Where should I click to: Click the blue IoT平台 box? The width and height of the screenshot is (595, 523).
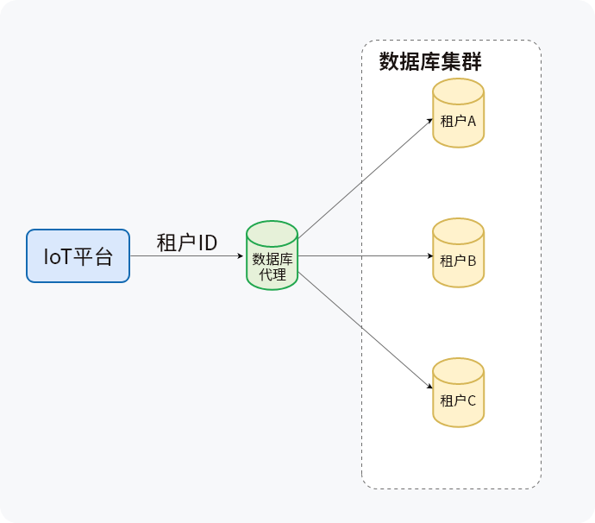(78, 255)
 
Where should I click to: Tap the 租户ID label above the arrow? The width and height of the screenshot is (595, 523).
(186, 243)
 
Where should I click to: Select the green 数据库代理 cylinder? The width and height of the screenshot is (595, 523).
(272, 256)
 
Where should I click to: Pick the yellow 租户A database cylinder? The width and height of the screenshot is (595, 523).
(458, 113)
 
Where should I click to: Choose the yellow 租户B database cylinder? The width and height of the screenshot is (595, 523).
(458, 253)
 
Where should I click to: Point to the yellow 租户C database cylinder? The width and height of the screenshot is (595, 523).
(458, 394)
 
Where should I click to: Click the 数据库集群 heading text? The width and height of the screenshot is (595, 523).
(430, 62)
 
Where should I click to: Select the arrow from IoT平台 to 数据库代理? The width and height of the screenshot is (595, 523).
(185, 256)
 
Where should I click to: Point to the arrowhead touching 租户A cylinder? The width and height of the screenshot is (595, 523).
(429, 120)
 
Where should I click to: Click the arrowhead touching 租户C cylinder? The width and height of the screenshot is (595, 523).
(429, 390)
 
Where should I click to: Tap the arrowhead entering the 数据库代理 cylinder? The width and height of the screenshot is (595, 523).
(242, 256)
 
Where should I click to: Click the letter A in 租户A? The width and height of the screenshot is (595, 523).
(472, 121)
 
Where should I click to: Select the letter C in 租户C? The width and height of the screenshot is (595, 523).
(471, 400)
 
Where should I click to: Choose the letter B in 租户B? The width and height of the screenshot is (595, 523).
(472, 260)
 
